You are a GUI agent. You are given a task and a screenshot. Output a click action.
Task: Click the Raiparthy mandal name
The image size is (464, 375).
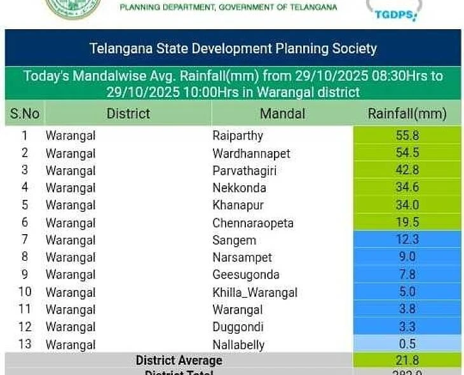click(237, 136)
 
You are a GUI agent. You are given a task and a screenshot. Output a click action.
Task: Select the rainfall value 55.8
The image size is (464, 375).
click(407, 136)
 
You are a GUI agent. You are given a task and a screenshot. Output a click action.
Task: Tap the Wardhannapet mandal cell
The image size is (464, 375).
click(251, 154)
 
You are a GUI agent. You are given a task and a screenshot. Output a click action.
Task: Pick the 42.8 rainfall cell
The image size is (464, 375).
click(407, 171)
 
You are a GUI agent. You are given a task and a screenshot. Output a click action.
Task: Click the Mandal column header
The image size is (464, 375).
click(282, 114)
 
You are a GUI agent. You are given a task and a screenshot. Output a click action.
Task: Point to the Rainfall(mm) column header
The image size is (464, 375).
click(407, 114)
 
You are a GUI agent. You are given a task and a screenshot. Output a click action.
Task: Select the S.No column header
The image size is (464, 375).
click(25, 114)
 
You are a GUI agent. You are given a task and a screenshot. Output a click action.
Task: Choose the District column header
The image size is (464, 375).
click(128, 114)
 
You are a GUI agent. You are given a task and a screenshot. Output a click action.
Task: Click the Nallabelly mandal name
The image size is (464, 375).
click(238, 345)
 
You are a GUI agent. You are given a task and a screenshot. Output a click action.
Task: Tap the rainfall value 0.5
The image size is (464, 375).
click(407, 344)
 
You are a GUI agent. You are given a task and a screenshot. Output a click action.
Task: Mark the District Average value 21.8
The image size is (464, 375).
click(407, 360)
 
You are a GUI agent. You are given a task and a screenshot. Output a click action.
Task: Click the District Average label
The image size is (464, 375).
click(179, 360)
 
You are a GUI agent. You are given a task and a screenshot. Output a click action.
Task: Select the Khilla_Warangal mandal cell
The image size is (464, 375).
click(255, 293)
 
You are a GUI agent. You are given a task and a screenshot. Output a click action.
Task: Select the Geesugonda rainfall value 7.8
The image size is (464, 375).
click(407, 275)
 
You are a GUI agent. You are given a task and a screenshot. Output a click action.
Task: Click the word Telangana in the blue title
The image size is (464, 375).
click(117, 48)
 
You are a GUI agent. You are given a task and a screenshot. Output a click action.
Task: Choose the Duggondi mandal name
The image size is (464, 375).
click(238, 327)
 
